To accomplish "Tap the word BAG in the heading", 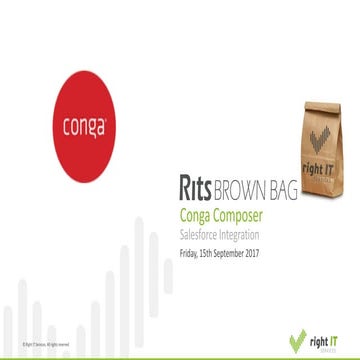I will (283, 190).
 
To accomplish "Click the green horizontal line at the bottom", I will (180, 355).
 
